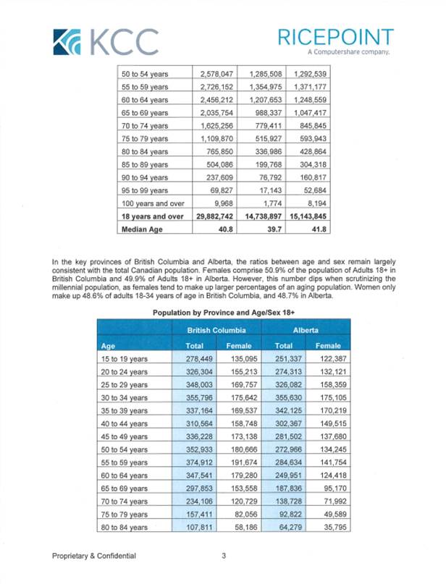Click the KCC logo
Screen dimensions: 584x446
pos(106,41)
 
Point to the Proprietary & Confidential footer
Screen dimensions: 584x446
pos(94,556)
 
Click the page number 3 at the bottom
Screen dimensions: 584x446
pos(224,556)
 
